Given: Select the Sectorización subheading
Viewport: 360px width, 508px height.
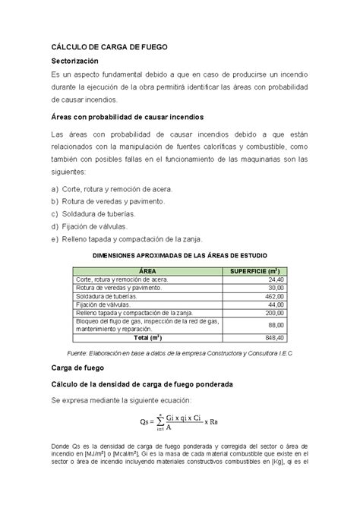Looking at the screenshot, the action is (x=80, y=61).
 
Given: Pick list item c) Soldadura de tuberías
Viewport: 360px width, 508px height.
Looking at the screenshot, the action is (x=98, y=213).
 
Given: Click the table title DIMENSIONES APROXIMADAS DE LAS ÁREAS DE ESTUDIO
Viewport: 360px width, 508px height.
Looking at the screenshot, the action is (x=179, y=256).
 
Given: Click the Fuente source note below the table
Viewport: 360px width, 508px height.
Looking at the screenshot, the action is (x=179, y=354).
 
